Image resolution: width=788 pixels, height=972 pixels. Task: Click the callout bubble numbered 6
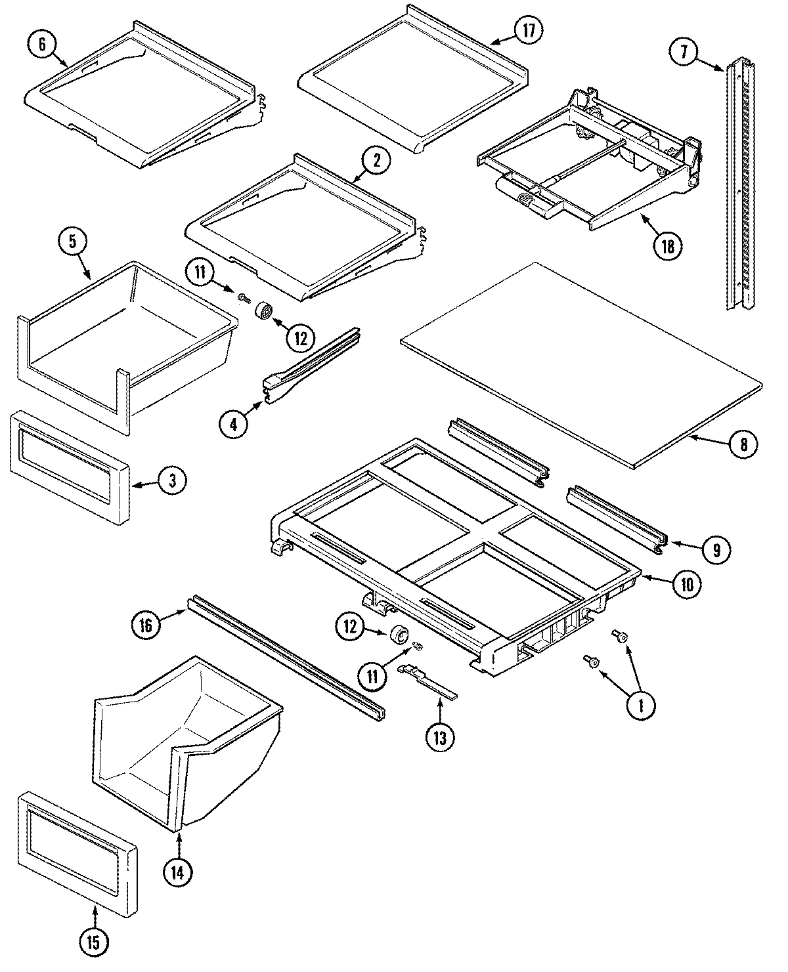[x=43, y=44]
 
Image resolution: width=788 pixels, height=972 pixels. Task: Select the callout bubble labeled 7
[x=684, y=52]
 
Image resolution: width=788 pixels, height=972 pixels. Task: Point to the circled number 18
[x=668, y=246]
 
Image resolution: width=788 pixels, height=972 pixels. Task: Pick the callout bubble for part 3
[x=171, y=480]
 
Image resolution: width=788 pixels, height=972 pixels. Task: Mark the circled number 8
[x=743, y=444]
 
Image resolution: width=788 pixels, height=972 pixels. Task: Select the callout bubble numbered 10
[x=686, y=583]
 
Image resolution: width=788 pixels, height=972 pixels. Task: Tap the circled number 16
[x=146, y=625]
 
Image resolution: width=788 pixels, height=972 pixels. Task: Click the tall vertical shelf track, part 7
[x=740, y=184]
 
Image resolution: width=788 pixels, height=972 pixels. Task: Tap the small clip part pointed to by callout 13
[x=427, y=679]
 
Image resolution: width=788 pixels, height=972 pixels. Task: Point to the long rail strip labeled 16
[x=286, y=656]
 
